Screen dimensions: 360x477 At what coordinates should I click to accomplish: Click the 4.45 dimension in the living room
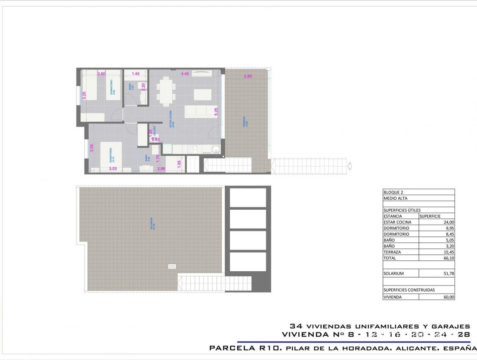pyautogui.click(x=185, y=74)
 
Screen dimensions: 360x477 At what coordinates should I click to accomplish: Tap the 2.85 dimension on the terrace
pyautogui.click(x=248, y=76)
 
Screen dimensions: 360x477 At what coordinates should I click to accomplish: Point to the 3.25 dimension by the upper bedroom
pyautogui.click(x=84, y=95)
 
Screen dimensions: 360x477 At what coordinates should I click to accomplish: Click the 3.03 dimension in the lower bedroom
pyautogui.click(x=113, y=169)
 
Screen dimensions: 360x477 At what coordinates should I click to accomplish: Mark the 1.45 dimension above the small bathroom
pyautogui.click(x=136, y=74)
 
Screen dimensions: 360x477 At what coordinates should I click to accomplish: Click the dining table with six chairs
pyautogui.click(x=166, y=91)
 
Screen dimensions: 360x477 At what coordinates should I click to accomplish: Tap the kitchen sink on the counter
pyautogui.click(x=215, y=149)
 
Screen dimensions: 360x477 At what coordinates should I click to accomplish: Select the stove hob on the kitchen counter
pyautogui.click(x=194, y=149)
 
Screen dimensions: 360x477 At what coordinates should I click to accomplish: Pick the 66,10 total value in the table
pyautogui.click(x=449, y=258)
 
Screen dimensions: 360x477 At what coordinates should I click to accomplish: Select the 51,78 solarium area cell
pyautogui.click(x=449, y=273)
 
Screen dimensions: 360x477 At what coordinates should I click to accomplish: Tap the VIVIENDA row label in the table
pyautogui.click(x=393, y=297)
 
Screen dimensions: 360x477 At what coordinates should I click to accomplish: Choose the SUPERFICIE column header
pyautogui.click(x=430, y=216)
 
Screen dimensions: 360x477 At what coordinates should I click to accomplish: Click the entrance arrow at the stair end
pyautogui.click(x=350, y=167)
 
